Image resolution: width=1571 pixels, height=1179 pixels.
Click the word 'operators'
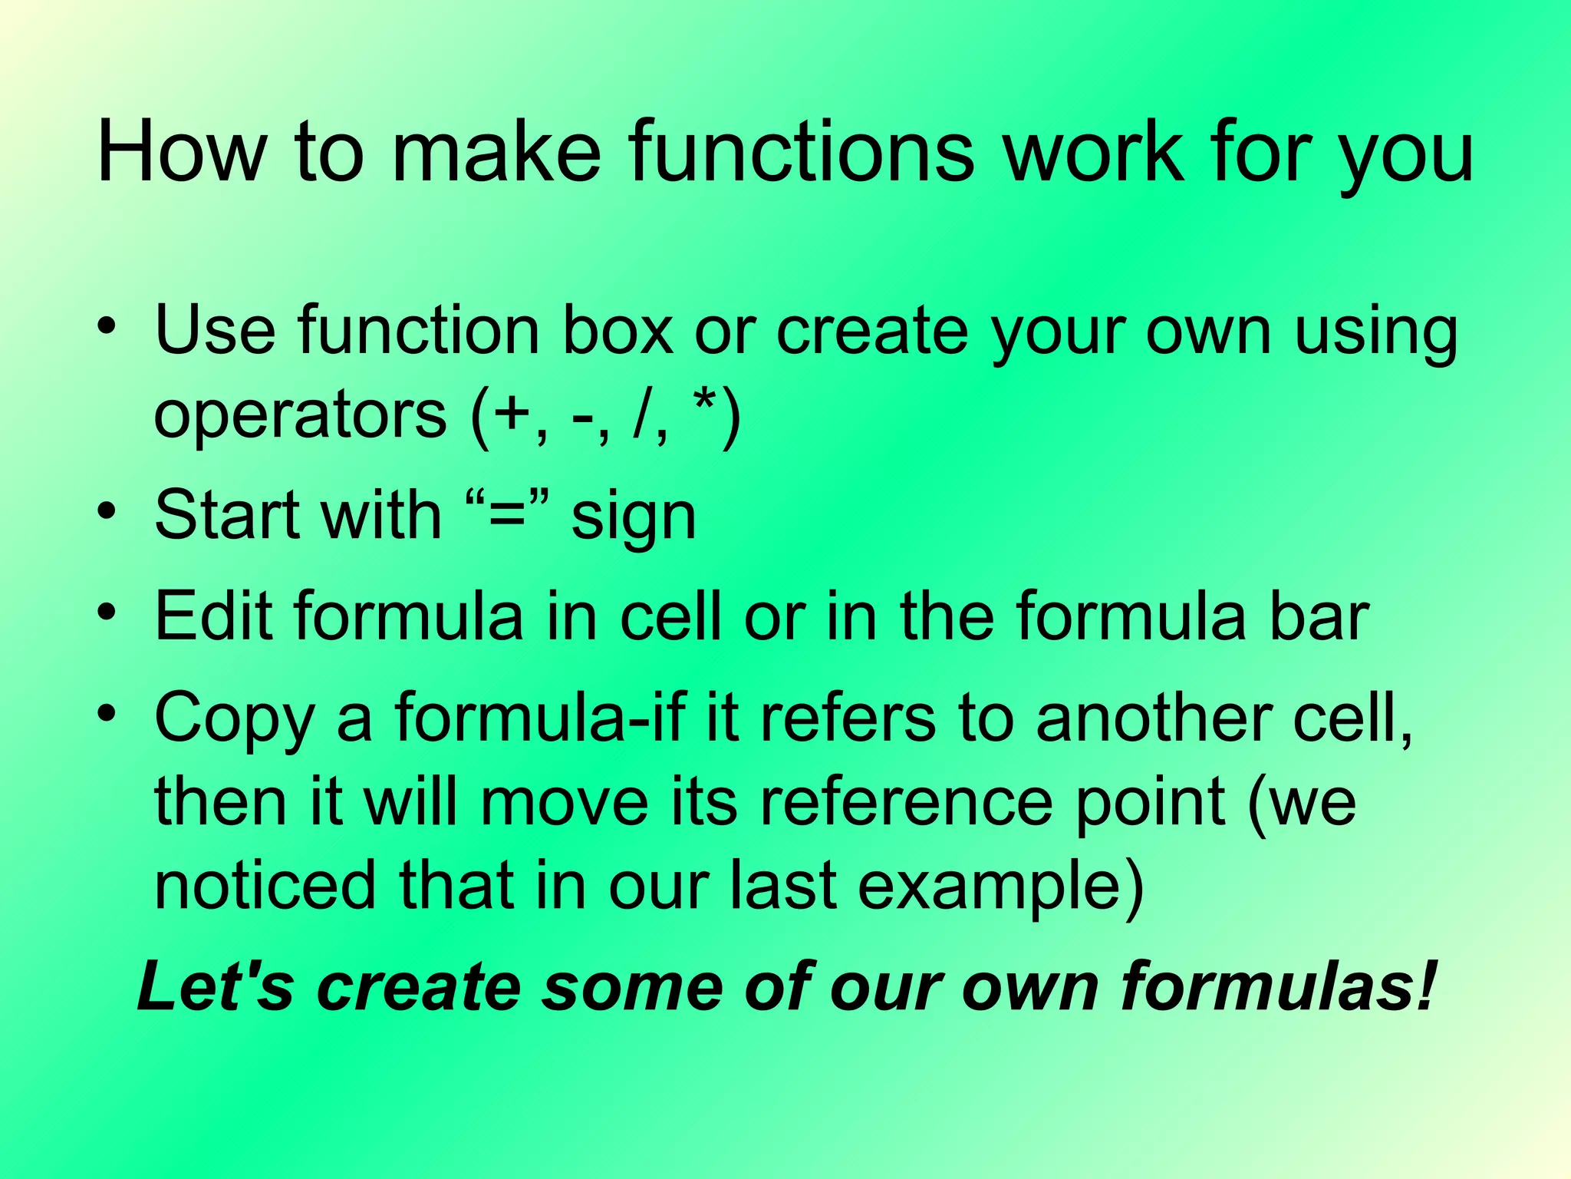300,415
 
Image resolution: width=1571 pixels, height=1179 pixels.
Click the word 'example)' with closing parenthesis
1000,887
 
